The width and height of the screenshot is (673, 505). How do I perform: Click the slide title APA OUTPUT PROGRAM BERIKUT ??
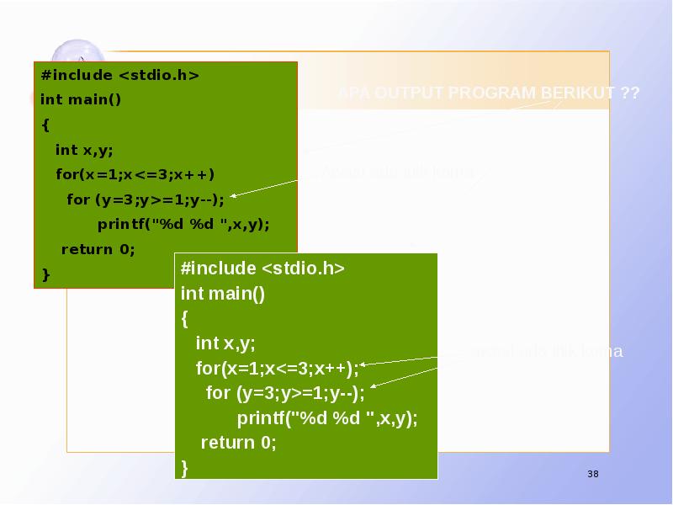click(x=489, y=93)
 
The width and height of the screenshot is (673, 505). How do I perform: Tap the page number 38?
click(x=593, y=476)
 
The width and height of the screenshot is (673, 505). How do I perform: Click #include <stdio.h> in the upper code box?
click(x=119, y=75)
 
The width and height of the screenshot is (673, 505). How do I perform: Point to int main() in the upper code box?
click(x=81, y=100)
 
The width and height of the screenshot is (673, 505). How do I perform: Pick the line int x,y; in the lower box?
click(x=225, y=343)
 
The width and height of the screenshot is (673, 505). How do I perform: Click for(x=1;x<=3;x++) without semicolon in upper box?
click(x=135, y=175)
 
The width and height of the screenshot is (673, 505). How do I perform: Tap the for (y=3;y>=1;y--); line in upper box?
click(x=146, y=199)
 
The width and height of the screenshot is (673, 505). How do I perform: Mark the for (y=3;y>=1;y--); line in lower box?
click(x=286, y=393)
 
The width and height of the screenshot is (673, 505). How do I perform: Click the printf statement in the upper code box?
click(x=183, y=225)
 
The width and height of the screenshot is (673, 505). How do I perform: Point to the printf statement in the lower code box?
click(x=327, y=418)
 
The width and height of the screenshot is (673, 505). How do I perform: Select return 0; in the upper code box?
click(x=98, y=249)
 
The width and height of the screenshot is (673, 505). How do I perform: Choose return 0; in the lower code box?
click(x=239, y=443)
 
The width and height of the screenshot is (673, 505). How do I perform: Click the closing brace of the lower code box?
click(x=185, y=467)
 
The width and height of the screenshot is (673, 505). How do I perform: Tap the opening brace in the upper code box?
click(x=45, y=125)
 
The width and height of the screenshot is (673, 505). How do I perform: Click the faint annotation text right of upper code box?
click(x=398, y=173)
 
